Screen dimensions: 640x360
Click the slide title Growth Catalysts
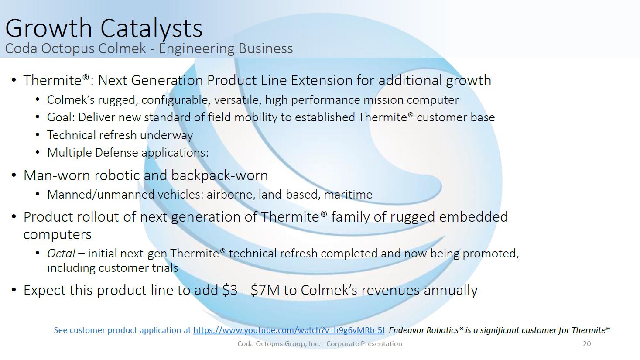click(x=104, y=28)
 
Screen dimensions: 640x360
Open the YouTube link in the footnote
click(x=288, y=330)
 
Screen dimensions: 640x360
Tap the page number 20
click(x=587, y=343)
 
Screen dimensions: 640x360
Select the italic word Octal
click(x=61, y=253)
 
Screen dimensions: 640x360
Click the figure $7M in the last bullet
click(x=264, y=290)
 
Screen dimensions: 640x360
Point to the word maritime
click(x=348, y=195)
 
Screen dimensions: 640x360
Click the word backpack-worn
click(x=219, y=175)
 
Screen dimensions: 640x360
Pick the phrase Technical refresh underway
click(x=120, y=135)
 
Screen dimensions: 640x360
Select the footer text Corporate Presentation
click(x=364, y=344)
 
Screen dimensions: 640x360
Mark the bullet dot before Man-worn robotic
click(x=14, y=175)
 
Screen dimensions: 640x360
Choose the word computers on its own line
click(x=58, y=235)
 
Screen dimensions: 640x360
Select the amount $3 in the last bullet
click(x=230, y=290)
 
